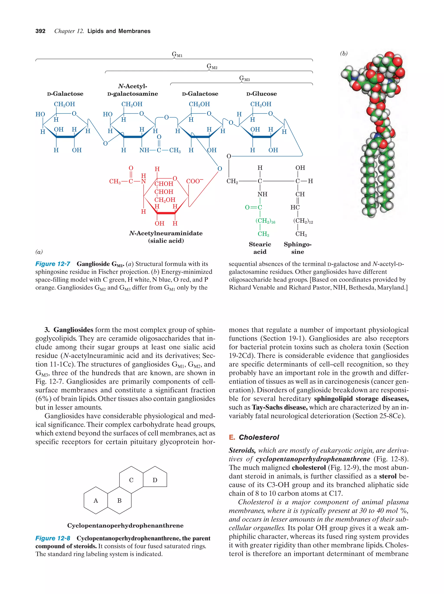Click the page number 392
coord(40,31)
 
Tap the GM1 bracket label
coord(177,55)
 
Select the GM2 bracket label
coord(212,66)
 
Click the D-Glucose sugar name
coord(261,94)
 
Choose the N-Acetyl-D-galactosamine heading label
coord(132,90)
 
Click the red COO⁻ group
coord(194,181)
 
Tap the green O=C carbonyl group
coord(253,207)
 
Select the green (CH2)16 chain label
coord(265,221)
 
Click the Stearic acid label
coord(260,248)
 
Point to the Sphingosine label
coord(298,248)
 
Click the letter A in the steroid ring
coord(96,501)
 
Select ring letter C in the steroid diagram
coord(131,480)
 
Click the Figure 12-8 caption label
coord(53,538)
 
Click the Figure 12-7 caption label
coord(53,264)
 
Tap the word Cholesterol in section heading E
coord(259,438)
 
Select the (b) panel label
coord(344,54)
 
